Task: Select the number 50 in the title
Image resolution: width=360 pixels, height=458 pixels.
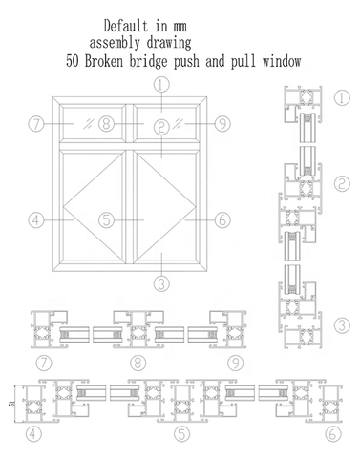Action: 74,60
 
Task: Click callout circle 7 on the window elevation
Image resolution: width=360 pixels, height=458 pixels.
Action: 37,123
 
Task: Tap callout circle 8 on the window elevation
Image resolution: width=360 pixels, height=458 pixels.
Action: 107,123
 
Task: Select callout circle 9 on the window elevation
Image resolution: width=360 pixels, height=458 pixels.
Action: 221,123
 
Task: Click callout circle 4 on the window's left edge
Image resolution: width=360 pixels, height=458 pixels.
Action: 37,220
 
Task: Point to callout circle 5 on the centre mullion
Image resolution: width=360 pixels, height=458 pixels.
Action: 107,220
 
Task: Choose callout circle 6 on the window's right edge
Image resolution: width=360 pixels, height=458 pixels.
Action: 221,220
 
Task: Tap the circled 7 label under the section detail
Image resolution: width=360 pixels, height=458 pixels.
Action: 44,364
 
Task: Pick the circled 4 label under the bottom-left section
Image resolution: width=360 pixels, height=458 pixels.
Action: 34,435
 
